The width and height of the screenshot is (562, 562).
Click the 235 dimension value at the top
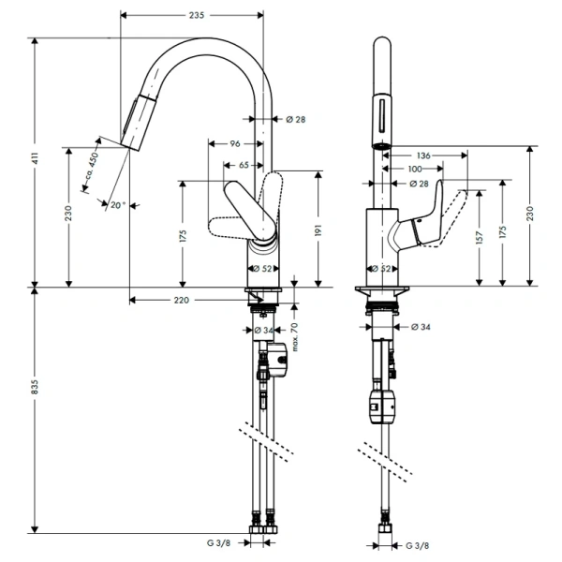point(197,15)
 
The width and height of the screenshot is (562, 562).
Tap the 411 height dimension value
point(35,158)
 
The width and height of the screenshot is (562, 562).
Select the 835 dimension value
point(35,387)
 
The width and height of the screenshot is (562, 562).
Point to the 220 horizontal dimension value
point(182,300)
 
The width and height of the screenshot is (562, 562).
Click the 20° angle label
point(118,205)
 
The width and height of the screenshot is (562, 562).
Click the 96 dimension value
point(235,143)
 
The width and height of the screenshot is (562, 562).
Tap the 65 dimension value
point(244,165)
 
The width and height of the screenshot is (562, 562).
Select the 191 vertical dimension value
point(318,229)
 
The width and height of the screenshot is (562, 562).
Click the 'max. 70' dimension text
point(295,337)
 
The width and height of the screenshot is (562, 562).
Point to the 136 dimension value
point(423,155)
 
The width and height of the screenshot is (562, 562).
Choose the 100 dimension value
point(415,169)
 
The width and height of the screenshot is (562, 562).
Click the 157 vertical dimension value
point(480,238)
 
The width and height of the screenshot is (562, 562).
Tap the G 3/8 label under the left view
point(218,543)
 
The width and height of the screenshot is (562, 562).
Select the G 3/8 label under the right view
point(418,546)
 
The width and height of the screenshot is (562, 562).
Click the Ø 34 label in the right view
point(421,327)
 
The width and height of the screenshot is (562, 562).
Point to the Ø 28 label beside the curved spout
point(296,119)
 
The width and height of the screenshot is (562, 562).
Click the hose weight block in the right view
point(382,407)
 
